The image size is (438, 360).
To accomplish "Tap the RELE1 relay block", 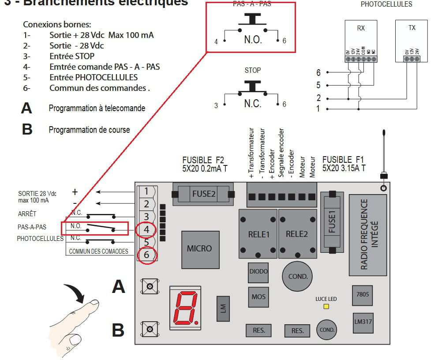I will (258, 234).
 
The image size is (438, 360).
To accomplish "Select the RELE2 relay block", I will (297, 234).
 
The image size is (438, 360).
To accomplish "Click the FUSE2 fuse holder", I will (203, 194).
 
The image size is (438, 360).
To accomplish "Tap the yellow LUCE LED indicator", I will (326, 307).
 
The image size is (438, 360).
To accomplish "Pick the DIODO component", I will (258, 271).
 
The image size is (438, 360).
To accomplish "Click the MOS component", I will (258, 296).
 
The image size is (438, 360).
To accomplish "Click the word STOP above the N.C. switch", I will (252, 70).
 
